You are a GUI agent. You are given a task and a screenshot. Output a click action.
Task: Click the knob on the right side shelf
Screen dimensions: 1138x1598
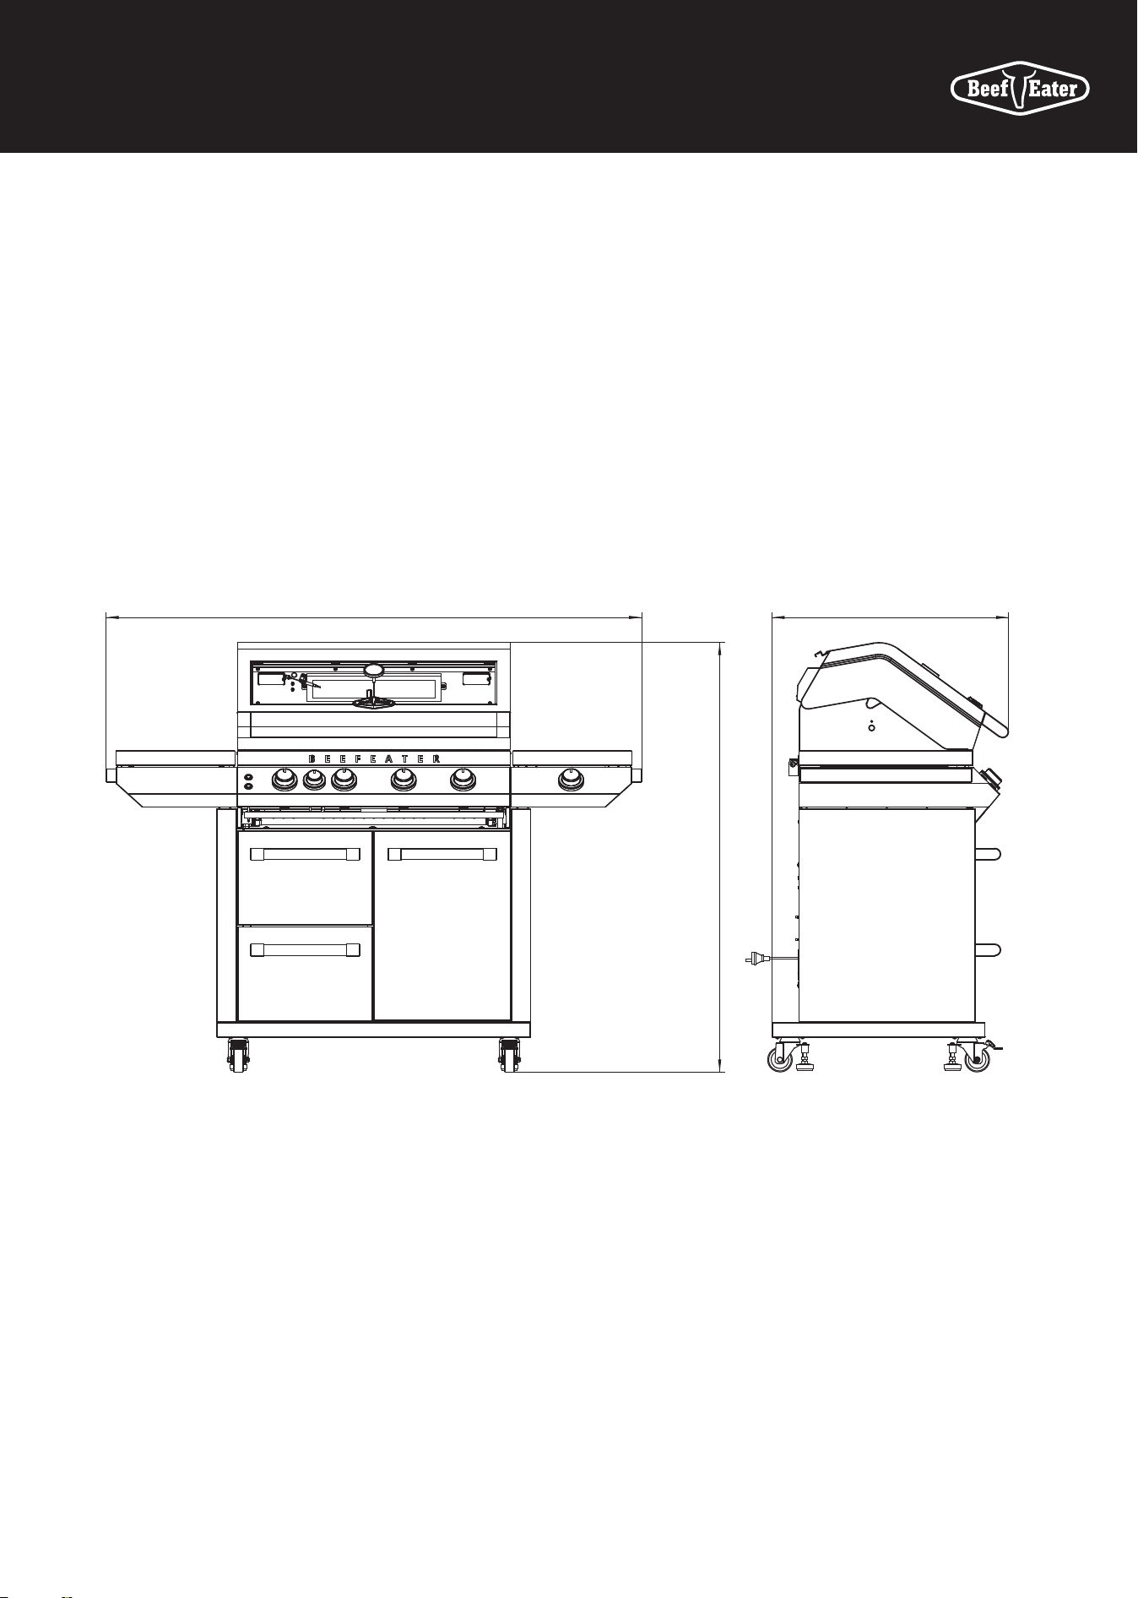click(572, 780)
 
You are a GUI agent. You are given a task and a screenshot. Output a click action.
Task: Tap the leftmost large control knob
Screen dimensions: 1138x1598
click(285, 780)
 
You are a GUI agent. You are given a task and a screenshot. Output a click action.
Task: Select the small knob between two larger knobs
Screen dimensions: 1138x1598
click(314, 783)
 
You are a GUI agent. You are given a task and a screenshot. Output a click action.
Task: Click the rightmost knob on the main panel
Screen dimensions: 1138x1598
click(462, 780)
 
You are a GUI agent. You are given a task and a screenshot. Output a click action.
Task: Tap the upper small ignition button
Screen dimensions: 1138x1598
click(248, 776)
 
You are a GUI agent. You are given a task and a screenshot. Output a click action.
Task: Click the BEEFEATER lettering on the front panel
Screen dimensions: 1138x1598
click(374, 758)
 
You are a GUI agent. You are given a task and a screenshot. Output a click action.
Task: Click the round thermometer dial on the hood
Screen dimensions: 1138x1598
click(374, 669)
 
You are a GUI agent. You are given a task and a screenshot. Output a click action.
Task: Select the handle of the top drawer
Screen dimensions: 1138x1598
click(306, 855)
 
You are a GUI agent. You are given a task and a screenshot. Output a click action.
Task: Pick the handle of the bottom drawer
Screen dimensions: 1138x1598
click(306, 950)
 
